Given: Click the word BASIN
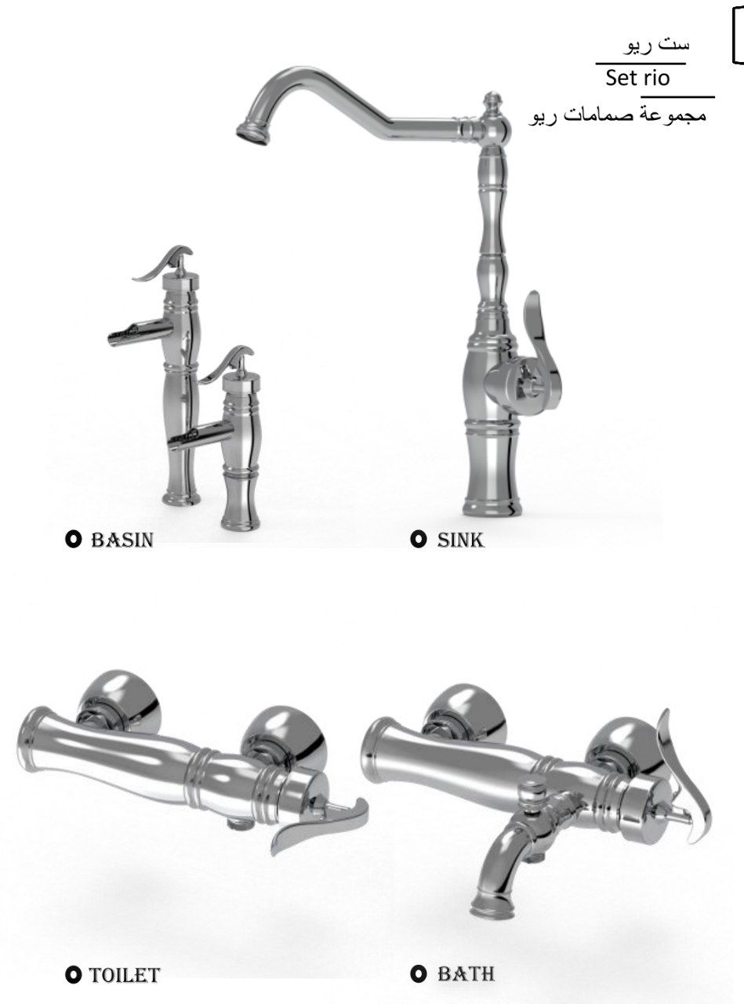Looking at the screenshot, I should [122, 540].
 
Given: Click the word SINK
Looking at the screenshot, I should [461, 540].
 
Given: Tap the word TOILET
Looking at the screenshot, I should [125, 975].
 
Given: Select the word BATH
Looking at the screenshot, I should [466, 974].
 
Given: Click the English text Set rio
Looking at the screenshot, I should [637, 78].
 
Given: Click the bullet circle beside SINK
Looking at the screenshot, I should [418, 540].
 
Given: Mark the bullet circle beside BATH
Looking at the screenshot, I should [419, 974].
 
